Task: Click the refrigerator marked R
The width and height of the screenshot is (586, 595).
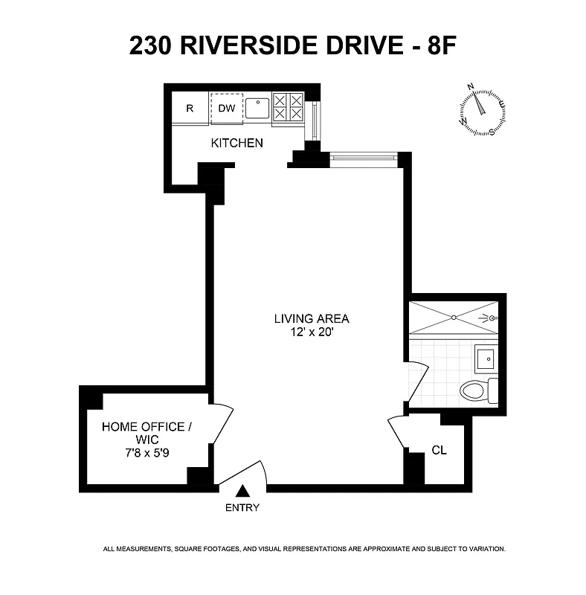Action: pos(190,108)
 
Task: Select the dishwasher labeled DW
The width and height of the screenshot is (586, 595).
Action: pos(226,108)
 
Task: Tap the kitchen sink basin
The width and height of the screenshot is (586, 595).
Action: pos(257,107)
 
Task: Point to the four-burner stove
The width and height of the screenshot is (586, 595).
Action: pos(288,106)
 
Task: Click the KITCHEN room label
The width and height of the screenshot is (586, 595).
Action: pos(237,143)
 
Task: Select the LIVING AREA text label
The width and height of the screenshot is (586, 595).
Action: pos(312,319)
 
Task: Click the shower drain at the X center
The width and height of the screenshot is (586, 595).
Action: pos(452,317)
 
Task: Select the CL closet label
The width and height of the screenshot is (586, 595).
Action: pos(439,451)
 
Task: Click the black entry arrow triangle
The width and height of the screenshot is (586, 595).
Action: pos(242,491)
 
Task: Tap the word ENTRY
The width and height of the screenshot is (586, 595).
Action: pos(242,508)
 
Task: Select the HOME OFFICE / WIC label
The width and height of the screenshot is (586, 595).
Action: pos(143,433)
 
